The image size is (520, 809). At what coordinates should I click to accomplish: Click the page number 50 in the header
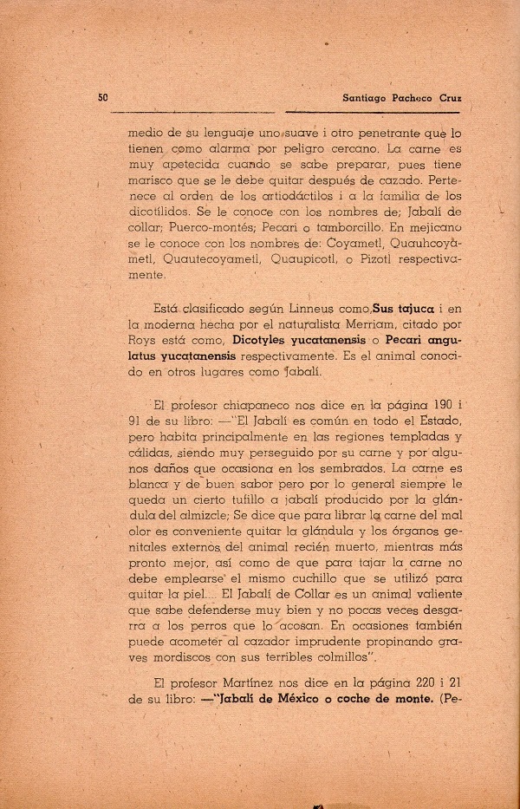point(103,98)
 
